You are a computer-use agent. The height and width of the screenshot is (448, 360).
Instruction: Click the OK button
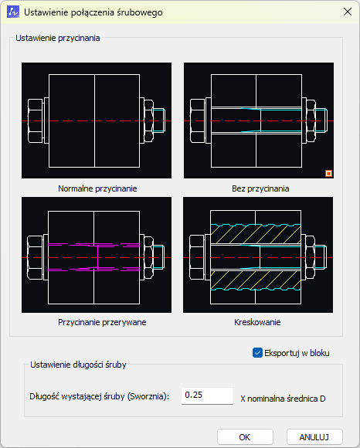click(245, 437)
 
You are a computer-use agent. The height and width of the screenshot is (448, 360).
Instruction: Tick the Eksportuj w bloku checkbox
click(257, 353)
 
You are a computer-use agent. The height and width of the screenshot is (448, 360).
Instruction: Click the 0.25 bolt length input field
click(207, 395)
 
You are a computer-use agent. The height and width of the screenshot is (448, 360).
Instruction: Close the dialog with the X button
click(348, 12)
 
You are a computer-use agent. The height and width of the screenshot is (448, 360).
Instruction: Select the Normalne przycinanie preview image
click(97, 120)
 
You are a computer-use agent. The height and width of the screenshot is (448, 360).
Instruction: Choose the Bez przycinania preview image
click(259, 120)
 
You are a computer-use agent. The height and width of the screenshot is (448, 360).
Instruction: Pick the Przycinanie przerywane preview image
click(97, 255)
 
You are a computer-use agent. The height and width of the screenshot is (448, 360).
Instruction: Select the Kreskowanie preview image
click(258, 255)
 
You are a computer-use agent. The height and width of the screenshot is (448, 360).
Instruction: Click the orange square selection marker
click(328, 174)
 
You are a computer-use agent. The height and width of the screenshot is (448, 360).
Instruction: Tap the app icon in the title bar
click(13, 12)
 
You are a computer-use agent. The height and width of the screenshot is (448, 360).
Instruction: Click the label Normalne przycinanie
click(97, 188)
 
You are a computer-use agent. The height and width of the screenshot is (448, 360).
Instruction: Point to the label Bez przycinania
click(260, 188)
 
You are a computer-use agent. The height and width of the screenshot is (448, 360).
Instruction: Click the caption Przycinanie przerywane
click(102, 322)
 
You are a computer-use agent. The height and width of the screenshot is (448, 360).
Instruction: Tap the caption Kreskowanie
click(257, 322)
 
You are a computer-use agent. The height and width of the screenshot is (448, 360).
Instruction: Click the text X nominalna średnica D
click(283, 399)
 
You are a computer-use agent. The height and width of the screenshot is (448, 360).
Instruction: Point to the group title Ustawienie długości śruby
click(78, 365)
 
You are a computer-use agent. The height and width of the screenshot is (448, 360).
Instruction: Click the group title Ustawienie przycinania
click(58, 38)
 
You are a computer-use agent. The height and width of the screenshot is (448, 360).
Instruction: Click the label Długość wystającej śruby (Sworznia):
click(100, 396)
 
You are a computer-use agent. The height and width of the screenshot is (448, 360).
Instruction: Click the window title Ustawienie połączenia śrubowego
click(93, 12)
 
